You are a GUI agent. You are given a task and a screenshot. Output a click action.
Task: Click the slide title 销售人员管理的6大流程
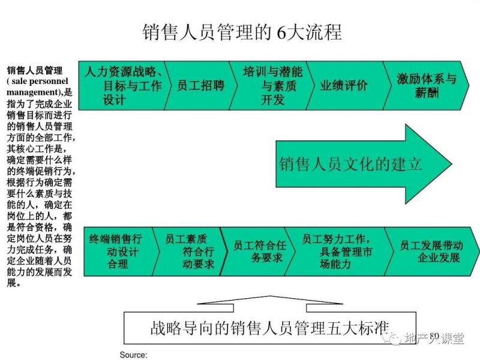(x=242, y=31)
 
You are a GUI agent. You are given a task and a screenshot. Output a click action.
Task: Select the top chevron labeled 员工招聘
(x=200, y=85)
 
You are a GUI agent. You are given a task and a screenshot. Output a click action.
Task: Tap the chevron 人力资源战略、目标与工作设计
(x=123, y=85)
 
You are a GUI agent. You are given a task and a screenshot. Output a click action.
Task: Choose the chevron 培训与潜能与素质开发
(x=272, y=85)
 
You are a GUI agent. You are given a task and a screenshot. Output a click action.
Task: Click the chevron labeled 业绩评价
(x=343, y=85)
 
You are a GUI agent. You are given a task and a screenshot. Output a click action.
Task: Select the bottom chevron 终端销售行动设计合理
(x=116, y=251)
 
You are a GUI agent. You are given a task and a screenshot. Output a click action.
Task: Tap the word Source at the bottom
(x=133, y=355)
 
